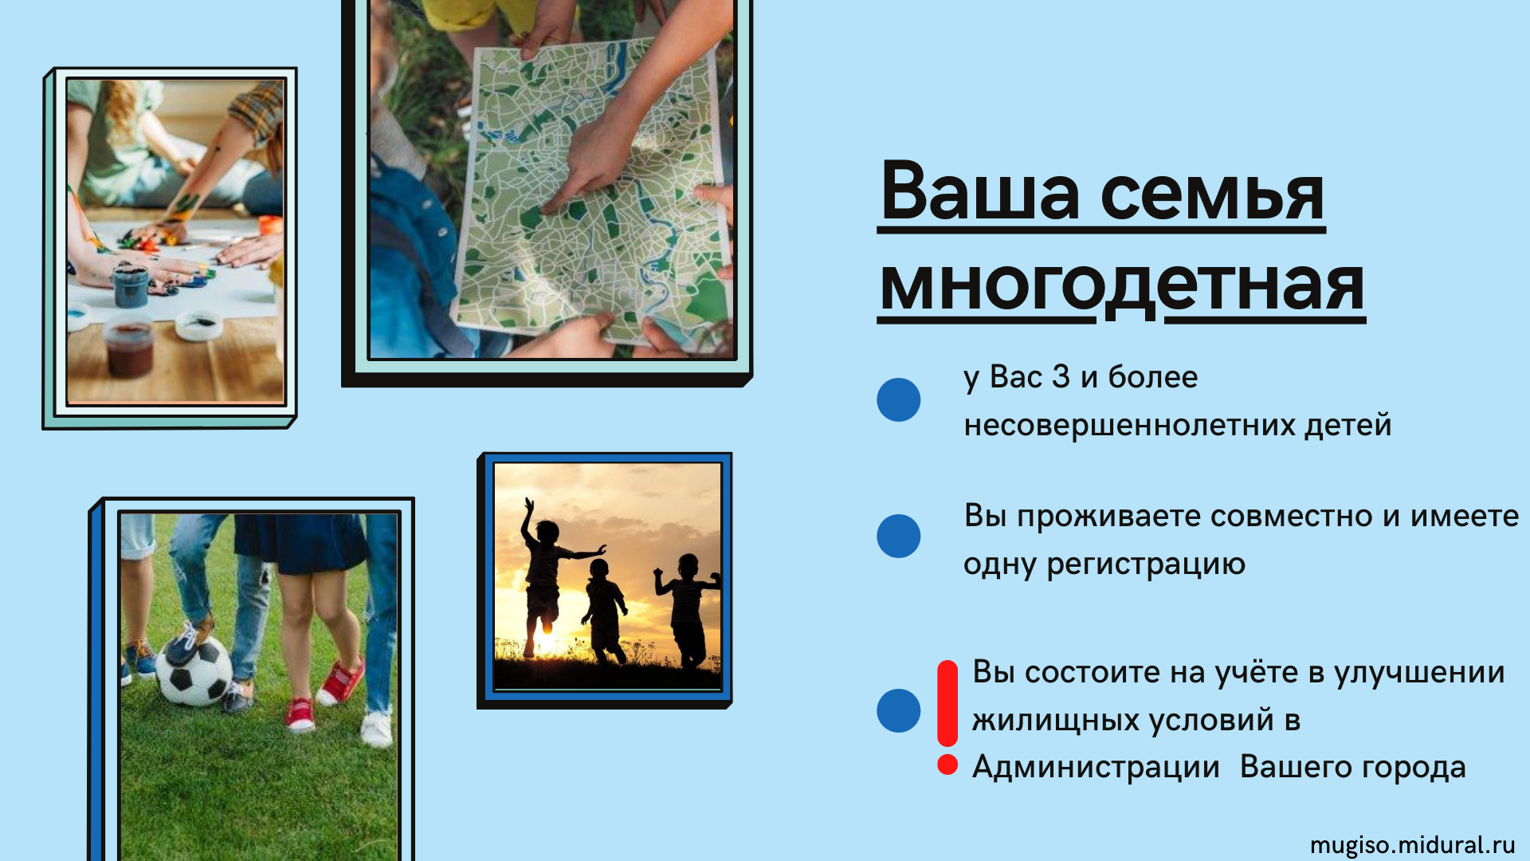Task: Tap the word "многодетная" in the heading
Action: pyautogui.click(x=1122, y=285)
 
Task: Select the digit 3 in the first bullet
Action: pyautogui.click(x=1061, y=377)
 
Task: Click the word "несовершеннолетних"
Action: pyautogui.click(x=1128, y=425)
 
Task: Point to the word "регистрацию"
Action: pyautogui.click(x=1146, y=564)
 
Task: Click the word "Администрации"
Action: pyautogui.click(x=1096, y=768)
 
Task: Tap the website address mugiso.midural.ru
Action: pyautogui.click(x=1412, y=845)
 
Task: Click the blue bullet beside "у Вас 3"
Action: pyautogui.click(x=898, y=399)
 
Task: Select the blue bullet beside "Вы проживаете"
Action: pyautogui.click(x=898, y=536)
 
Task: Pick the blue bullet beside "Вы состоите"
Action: pyautogui.click(x=898, y=710)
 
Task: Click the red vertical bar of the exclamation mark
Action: pyautogui.click(x=947, y=703)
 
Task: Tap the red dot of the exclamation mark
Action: pyautogui.click(x=947, y=765)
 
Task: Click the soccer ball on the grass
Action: pyautogui.click(x=194, y=672)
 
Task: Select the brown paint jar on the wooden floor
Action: pyautogui.click(x=129, y=348)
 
